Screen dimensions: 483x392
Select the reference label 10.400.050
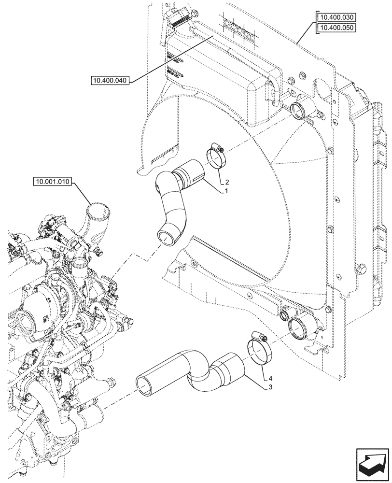tap(336, 28)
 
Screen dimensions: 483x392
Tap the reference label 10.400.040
tap(110, 81)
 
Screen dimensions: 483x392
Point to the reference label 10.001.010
tap(53, 182)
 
